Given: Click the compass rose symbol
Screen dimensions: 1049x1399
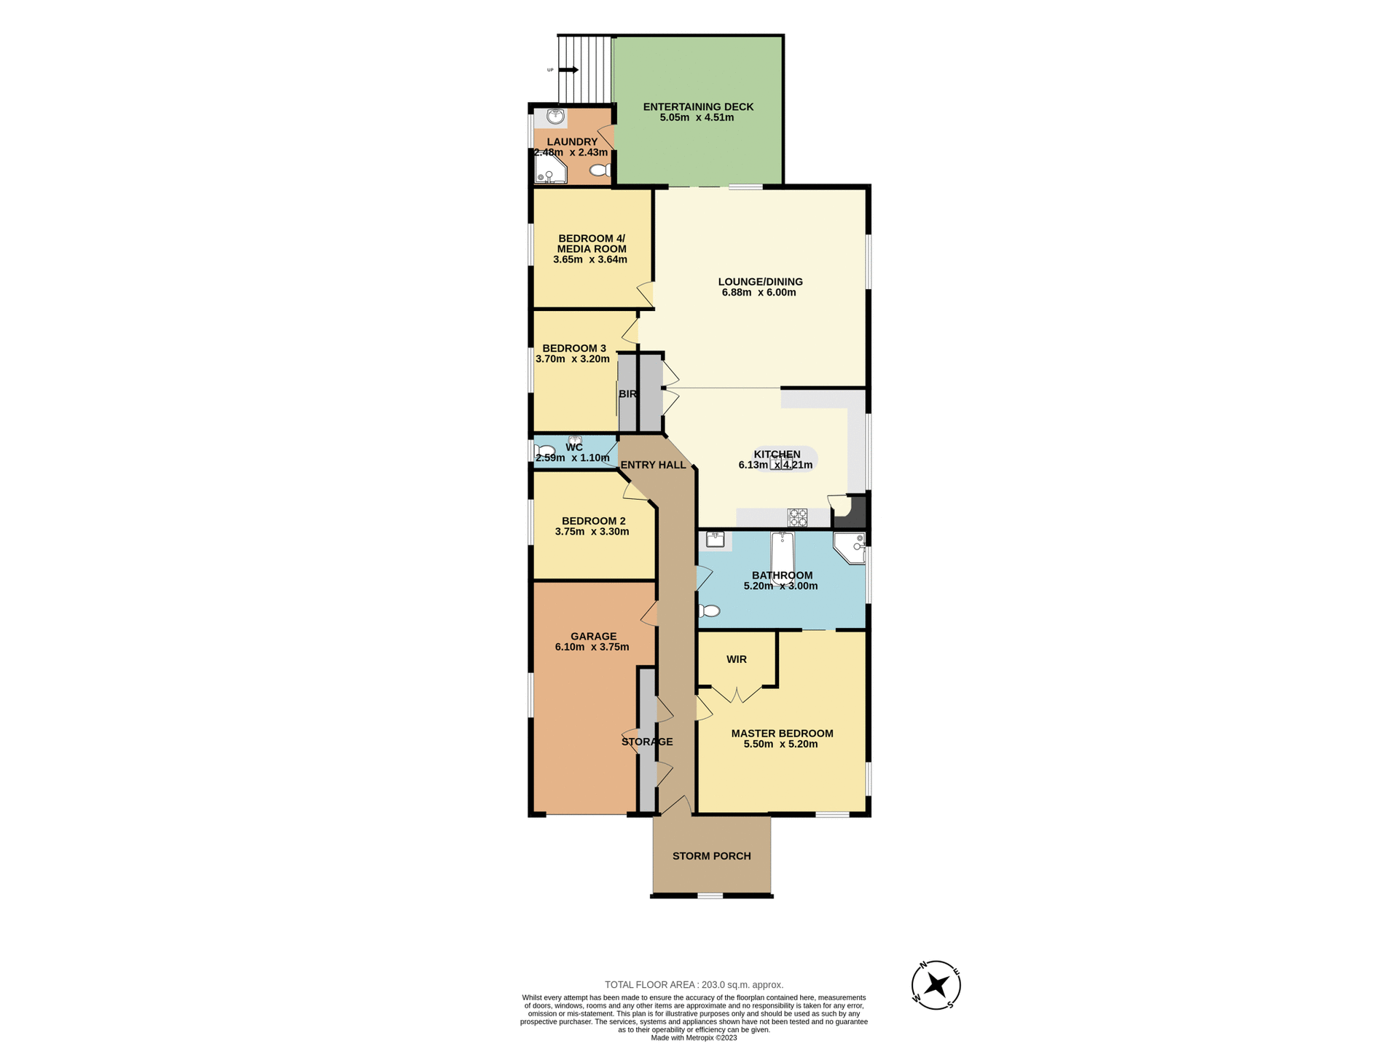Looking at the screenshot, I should [936, 985].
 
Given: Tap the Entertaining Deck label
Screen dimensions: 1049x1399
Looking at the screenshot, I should [698, 106].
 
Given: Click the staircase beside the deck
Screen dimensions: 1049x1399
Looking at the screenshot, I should [585, 70].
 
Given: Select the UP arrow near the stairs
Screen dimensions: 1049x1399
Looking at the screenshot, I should [569, 70].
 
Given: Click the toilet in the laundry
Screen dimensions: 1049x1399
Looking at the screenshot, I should [600, 170].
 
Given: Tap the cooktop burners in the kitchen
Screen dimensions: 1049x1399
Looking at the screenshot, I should [797, 517].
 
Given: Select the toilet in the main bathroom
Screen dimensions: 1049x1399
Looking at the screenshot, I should [710, 610].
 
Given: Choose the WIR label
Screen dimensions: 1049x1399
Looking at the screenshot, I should [737, 659].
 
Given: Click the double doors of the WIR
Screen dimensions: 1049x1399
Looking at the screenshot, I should [737, 694].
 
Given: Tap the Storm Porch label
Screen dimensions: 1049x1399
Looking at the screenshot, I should [711, 856].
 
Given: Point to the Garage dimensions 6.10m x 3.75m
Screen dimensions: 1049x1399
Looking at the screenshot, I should [592, 647].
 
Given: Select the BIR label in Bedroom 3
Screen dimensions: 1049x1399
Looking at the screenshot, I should [627, 394].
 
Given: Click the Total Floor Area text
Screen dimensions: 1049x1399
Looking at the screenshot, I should [694, 985].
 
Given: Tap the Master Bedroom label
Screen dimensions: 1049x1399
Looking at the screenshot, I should [782, 734].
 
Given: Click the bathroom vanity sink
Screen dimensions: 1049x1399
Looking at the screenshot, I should [715, 540].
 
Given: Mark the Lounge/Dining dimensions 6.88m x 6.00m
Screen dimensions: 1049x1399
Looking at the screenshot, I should [759, 293].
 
